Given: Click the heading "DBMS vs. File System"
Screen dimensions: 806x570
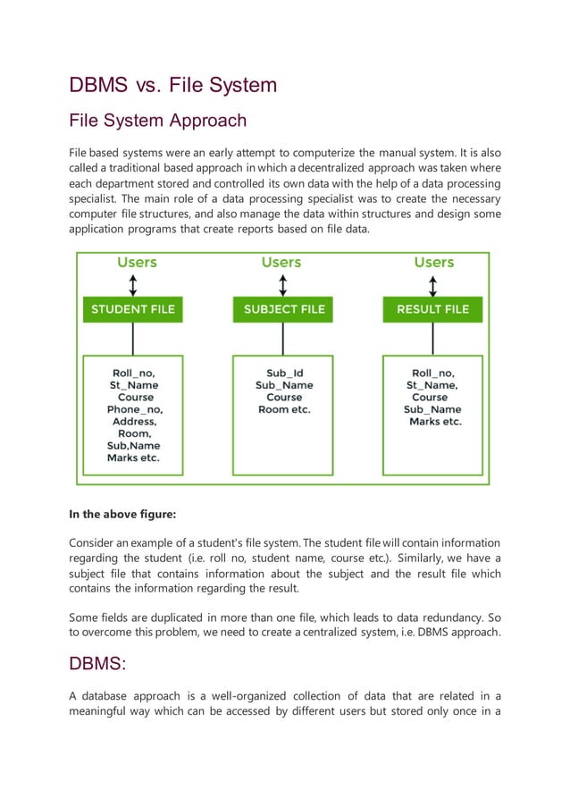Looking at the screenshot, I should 173,86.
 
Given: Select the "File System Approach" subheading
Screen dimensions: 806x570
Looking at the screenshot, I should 157,120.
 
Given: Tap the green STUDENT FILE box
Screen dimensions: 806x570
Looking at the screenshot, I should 133,310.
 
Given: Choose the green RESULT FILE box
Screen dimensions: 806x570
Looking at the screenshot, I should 432,310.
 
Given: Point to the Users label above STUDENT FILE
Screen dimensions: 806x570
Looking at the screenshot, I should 137,263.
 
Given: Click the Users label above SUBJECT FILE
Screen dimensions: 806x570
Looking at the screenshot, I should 281,263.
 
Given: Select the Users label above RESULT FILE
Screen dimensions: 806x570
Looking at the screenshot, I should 434,263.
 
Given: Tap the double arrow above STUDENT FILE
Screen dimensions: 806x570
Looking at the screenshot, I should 133,285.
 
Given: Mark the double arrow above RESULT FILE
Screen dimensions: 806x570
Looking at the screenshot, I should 433,285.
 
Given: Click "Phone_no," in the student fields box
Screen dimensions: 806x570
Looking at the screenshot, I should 135,409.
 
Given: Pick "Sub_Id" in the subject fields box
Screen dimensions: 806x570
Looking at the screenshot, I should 284,373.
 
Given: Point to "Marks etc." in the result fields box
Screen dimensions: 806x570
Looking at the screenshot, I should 435,422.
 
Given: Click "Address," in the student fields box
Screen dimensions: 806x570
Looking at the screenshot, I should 135,422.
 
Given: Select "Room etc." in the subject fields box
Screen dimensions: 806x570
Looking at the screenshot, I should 284,409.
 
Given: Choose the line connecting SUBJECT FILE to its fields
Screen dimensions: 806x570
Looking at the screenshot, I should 283,339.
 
